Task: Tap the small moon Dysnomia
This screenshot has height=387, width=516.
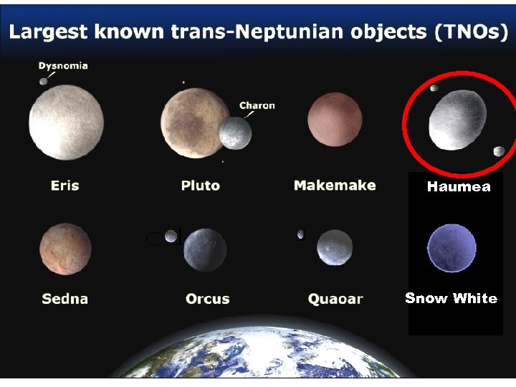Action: (x=44, y=81)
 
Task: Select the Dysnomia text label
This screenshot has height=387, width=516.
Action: (x=63, y=66)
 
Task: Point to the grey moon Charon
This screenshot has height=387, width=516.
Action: (x=235, y=133)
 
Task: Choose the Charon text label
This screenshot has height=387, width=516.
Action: (x=257, y=105)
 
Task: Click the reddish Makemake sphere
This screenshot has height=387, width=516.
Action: (x=334, y=119)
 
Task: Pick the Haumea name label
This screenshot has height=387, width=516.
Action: (x=459, y=187)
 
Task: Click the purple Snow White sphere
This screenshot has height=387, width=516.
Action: (x=451, y=248)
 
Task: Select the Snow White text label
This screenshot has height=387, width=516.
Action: (x=451, y=298)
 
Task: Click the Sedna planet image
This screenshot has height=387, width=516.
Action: (x=65, y=248)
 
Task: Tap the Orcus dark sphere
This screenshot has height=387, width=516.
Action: (x=205, y=250)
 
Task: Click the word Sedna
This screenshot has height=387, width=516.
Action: (x=64, y=299)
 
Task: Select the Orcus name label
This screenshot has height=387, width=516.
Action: (x=207, y=299)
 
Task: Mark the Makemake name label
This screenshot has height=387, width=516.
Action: (x=335, y=186)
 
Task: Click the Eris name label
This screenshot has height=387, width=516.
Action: (x=65, y=186)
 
